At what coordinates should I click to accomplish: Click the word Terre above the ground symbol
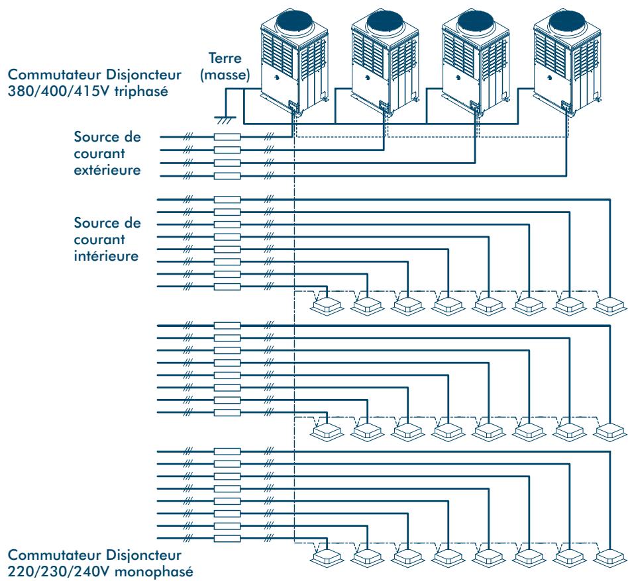pyautogui.click(x=225, y=58)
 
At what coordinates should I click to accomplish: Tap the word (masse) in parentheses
pyautogui.click(x=225, y=75)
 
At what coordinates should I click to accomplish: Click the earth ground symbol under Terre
pyautogui.click(x=225, y=120)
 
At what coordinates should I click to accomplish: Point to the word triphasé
pyautogui.click(x=141, y=91)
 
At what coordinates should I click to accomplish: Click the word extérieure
pyautogui.click(x=107, y=170)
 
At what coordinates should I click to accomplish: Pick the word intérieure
pyautogui.click(x=106, y=256)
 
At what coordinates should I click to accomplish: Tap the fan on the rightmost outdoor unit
pyautogui.click(x=567, y=21)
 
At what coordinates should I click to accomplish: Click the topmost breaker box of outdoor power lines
pyautogui.click(x=227, y=137)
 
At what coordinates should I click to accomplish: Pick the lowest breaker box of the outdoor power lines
pyautogui.click(x=227, y=175)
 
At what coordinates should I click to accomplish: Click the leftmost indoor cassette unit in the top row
pyautogui.click(x=327, y=306)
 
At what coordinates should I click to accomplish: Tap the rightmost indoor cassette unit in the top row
pyautogui.click(x=610, y=306)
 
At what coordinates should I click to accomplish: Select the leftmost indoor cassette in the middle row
pyautogui.click(x=327, y=431)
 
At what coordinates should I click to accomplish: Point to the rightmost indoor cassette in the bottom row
pyautogui.click(x=610, y=558)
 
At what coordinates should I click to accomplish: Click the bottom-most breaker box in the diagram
pyautogui.click(x=227, y=538)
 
